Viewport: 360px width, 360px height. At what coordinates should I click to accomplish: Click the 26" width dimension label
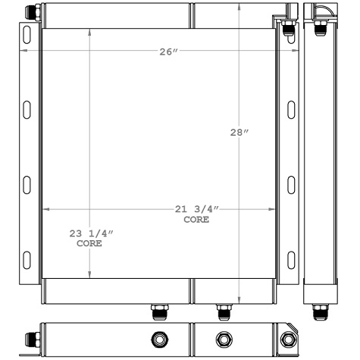(x=168, y=52)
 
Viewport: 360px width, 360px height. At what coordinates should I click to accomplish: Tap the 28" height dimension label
(x=239, y=133)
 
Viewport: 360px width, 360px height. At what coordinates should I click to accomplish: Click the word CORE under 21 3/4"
(x=196, y=220)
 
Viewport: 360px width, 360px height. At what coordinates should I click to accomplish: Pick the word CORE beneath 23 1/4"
(x=89, y=244)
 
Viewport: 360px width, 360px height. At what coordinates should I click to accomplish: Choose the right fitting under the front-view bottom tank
(x=222, y=310)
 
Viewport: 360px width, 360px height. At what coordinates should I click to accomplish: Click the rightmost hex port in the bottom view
(x=289, y=339)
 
